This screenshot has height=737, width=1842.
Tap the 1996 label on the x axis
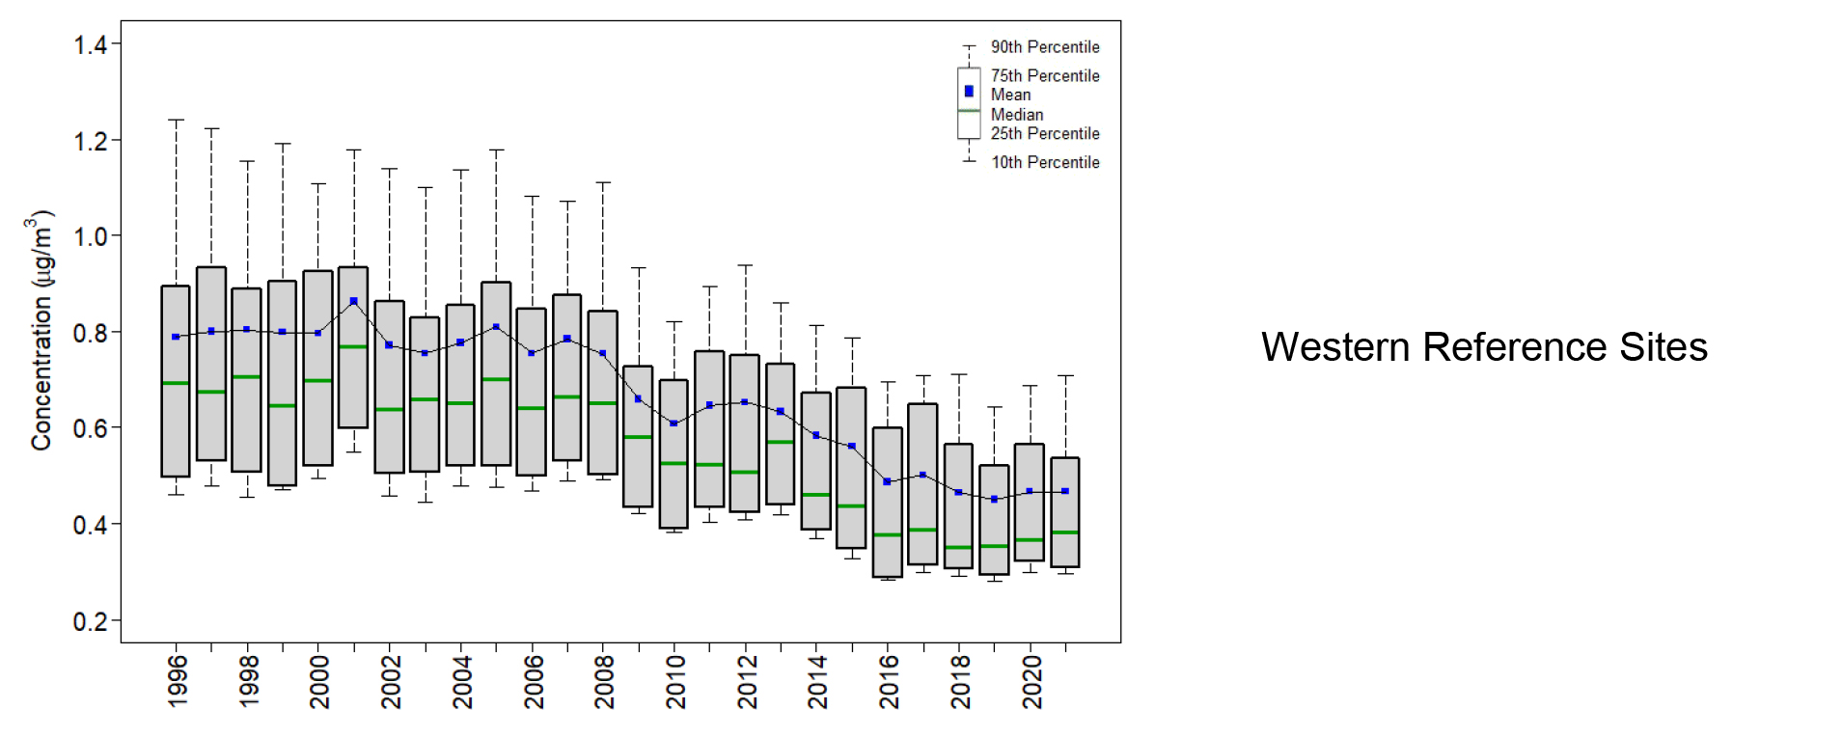[178, 681]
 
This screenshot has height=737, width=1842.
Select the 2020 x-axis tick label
[1032, 681]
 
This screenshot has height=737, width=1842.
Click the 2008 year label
[604, 681]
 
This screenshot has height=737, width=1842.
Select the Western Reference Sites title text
[1484, 347]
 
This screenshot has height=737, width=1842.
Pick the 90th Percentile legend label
[1045, 47]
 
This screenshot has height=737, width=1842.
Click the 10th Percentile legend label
[1045, 163]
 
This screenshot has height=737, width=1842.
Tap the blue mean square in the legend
[969, 92]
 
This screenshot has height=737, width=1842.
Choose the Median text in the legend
[1017, 115]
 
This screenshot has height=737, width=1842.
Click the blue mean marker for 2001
[354, 302]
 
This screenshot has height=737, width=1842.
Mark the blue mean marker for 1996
[176, 337]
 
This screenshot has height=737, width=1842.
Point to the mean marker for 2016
[888, 481]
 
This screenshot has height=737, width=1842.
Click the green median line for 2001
[353, 346]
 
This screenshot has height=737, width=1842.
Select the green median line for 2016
[888, 534]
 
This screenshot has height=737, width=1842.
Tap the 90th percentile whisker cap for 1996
[176, 121]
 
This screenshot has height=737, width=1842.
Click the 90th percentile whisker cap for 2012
[745, 265]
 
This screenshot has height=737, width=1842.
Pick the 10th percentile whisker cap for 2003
[425, 502]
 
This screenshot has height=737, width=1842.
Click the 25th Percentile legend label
[1045, 134]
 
